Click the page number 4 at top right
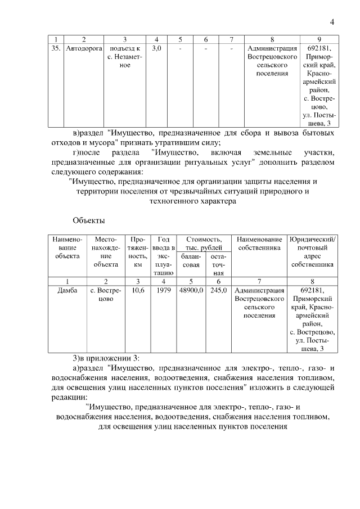[x=332, y=22]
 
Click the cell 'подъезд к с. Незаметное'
[x=124, y=57]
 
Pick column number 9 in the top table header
[x=319, y=39]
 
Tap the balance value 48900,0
[x=191, y=291]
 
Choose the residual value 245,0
[x=218, y=291]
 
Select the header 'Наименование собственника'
[x=259, y=244]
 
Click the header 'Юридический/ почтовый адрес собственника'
[x=313, y=251]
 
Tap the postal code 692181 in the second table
[x=313, y=291]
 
